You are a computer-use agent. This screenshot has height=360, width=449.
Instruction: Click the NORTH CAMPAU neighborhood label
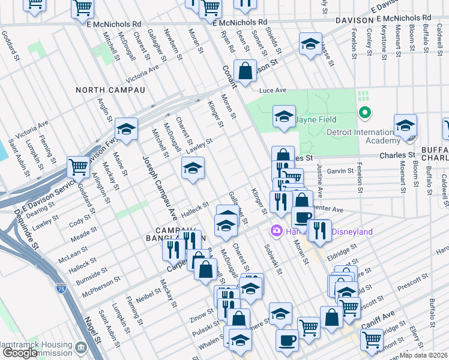110,90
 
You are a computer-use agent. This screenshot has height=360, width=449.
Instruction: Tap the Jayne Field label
316,119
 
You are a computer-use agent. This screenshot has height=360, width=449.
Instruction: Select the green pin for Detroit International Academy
363,112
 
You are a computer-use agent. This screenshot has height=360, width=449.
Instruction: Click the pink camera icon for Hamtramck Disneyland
277,231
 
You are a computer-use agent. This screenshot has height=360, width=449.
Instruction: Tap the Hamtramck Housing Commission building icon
82,347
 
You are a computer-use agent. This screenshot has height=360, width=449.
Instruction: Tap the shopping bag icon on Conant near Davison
245,71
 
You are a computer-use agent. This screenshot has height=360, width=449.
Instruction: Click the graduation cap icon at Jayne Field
284,115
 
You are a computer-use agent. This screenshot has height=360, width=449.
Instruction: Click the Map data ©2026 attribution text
423,355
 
